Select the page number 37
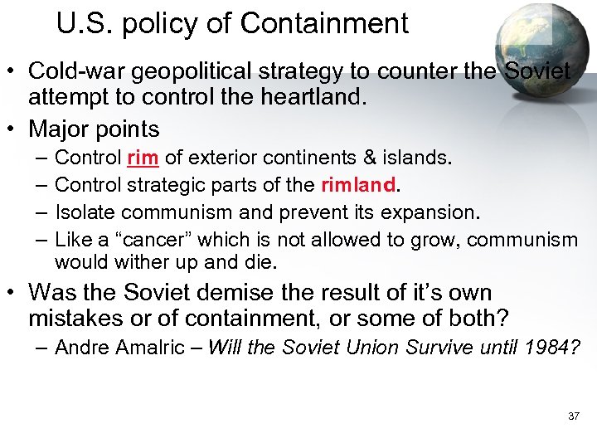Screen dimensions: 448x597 [574, 415]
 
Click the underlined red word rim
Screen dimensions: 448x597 [143, 158]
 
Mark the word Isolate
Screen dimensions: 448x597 [84, 212]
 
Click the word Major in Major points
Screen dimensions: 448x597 [57, 129]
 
